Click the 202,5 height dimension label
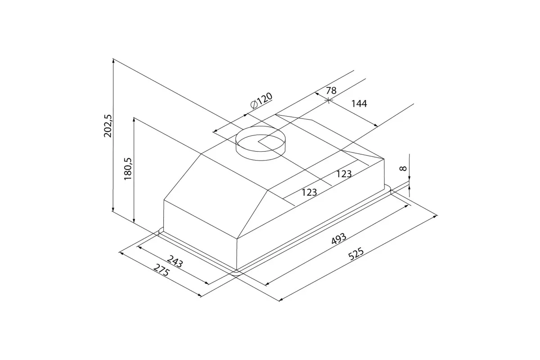point(108,126)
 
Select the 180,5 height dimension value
point(128,169)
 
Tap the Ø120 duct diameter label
point(261,101)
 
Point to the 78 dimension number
point(331,90)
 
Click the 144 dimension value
point(359,103)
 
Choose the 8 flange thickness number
point(403,168)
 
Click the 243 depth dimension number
point(175,261)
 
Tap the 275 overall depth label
point(162,270)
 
